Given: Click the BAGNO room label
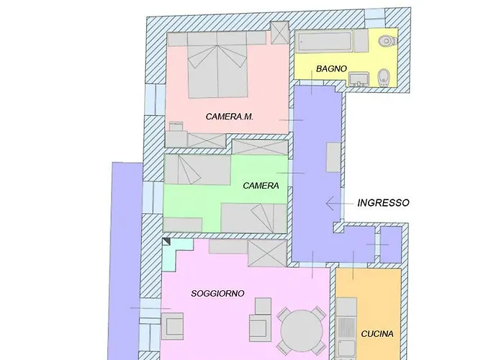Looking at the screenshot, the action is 331,68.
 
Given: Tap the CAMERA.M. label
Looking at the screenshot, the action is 229,117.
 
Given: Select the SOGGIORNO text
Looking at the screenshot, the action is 217,294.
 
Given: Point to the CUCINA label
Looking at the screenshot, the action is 377,334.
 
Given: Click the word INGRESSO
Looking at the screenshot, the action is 384,203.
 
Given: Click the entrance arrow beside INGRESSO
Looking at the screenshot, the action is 339,204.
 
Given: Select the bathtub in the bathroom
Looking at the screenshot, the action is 323,42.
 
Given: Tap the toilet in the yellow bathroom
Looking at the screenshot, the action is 387,41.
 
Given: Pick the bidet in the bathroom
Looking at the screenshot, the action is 383,77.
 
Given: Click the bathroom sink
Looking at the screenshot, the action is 359,79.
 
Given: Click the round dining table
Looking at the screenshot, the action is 302,331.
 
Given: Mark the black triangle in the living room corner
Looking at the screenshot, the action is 166,242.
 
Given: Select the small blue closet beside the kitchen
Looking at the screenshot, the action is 391,244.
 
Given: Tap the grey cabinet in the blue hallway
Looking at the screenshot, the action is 333,158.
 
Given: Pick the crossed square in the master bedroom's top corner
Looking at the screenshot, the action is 279,32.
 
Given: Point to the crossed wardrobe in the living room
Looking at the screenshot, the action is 267,253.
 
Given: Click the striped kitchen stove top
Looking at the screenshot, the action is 347,327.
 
